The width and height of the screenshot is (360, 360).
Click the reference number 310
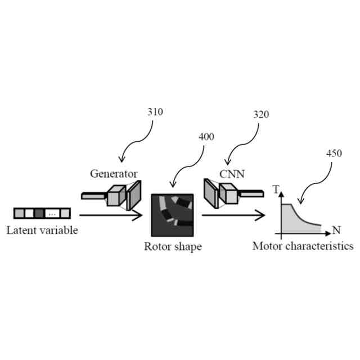(155, 112)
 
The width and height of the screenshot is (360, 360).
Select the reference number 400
(206, 137)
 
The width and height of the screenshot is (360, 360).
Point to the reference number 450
(333, 152)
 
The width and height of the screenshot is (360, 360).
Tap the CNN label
(231, 174)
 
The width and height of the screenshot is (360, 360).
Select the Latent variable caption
(42, 230)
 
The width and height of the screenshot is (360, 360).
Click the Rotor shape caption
(173, 247)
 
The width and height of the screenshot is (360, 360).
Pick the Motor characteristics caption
(303, 246)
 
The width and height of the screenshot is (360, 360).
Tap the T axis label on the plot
(276, 190)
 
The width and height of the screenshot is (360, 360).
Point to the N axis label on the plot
(336, 230)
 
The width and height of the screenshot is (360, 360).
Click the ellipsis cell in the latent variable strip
(52, 213)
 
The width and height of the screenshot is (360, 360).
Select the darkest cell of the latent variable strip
(39, 213)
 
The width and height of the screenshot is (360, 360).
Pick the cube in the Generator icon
(115, 195)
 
